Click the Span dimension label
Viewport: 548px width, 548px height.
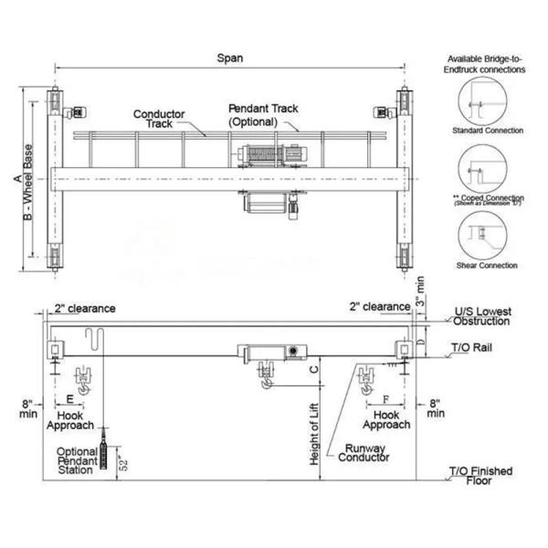pyautogui.click(x=229, y=58)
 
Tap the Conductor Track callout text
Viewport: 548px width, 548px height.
pyautogui.click(x=159, y=119)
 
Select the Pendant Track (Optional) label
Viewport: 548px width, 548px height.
pyautogui.click(x=263, y=115)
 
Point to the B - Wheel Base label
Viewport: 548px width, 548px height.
pyautogui.click(x=27, y=182)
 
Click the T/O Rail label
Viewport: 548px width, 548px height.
pyautogui.click(x=471, y=347)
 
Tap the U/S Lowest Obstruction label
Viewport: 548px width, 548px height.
pyautogui.click(x=482, y=316)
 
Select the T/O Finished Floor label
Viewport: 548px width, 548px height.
pyautogui.click(x=480, y=476)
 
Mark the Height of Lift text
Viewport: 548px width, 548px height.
pyautogui.click(x=314, y=434)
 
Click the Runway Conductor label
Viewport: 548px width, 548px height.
pyautogui.click(x=364, y=453)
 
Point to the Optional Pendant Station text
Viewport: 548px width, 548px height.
pyautogui.click(x=77, y=460)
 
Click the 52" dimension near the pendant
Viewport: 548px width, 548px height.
pyautogui.click(x=123, y=463)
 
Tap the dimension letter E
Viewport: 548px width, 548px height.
pyautogui.click(x=70, y=399)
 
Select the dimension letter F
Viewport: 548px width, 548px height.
pyautogui.click(x=385, y=399)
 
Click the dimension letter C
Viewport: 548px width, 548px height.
pyautogui.click(x=314, y=369)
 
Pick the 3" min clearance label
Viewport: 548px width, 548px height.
pyautogui.click(x=420, y=291)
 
